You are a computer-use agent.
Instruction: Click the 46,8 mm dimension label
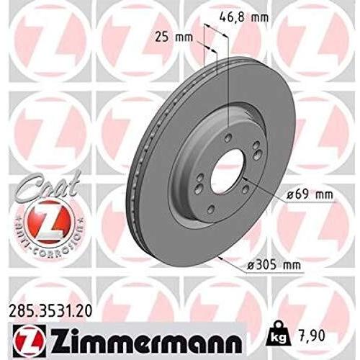244,17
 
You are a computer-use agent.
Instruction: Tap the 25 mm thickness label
174,37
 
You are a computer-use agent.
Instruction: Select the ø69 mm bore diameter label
310,195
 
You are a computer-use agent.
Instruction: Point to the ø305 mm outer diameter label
274,265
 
